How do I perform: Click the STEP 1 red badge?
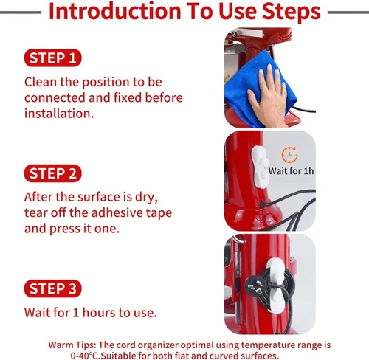(52, 58)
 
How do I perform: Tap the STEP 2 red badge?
(52, 173)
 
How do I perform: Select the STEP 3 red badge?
(52, 288)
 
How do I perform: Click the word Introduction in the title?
(115, 11)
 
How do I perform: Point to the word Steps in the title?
(292, 12)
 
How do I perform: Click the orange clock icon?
(289, 155)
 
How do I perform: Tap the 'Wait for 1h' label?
(292, 171)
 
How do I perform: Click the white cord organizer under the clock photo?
(260, 167)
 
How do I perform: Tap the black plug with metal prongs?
(255, 286)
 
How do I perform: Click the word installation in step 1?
(59, 114)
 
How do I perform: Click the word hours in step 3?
(99, 313)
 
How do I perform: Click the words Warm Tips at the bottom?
(72, 345)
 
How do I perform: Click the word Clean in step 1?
(41, 82)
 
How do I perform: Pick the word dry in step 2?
(146, 198)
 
